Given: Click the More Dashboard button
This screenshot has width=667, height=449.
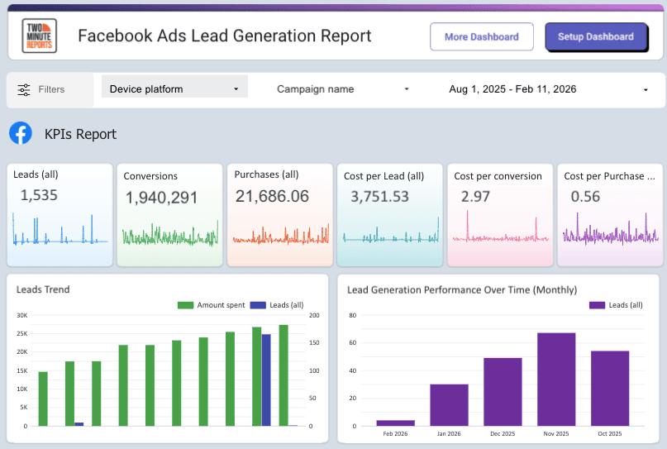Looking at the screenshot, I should [481, 36].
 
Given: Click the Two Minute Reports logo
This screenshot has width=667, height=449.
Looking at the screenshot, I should [40, 36].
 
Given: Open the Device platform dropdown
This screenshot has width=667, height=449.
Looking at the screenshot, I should [174, 88].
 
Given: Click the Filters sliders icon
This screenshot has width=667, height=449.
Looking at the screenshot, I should [24, 89].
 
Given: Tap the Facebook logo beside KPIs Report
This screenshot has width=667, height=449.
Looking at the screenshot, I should [21, 133].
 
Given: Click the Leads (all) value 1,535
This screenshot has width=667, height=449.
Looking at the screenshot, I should [36, 195].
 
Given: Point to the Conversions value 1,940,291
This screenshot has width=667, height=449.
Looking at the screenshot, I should [161, 198].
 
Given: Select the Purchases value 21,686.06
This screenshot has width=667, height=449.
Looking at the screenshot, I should [272, 196].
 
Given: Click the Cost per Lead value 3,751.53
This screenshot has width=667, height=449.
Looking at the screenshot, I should [379, 196].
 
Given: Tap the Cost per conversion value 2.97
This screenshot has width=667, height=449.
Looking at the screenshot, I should [476, 196].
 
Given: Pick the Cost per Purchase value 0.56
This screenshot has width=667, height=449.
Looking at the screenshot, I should [586, 196].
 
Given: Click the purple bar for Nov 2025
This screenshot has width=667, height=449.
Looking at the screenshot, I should [556, 379].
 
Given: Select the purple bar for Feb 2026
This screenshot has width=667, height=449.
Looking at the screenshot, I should [395, 423].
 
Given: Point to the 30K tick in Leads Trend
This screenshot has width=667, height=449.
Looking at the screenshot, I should [21, 315].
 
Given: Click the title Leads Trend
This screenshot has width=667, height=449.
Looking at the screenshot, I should [43, 289].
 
